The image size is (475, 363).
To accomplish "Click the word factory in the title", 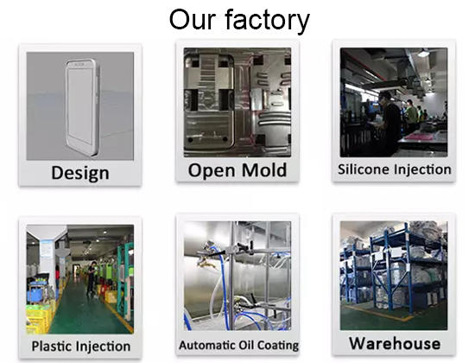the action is click(x=268, y=21).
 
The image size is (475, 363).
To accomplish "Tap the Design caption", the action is click(x=80, y=173).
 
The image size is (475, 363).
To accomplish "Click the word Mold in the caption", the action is click(x=264, y=170).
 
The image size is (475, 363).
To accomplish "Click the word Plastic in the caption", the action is click(x=51, y=346).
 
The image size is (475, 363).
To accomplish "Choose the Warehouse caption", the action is click(x=395, y=343).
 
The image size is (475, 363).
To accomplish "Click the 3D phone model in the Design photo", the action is click(x=82, y=108).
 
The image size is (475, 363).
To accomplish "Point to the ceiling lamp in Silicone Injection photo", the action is click(x=424, y=53).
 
